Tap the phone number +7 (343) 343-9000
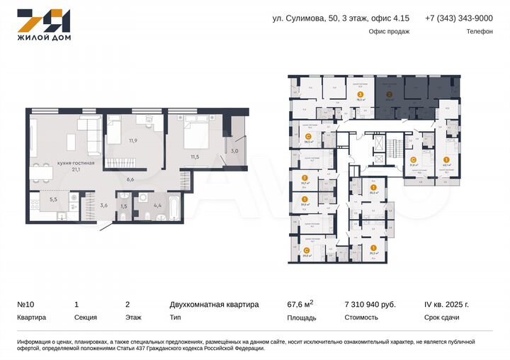[x=458, y=18]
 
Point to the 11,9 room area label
[x=132, y=140]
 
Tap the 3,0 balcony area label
[x=234, y=150]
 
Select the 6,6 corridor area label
[x=130, y=179]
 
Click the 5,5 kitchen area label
[x=53, y=199]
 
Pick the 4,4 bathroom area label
[x=157, y=206]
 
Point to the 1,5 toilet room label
[x=125, y=206]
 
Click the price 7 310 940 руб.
[x=369, y=304]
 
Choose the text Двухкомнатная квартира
[x=214, y=304]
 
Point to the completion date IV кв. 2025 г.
[x=446, y=304]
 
